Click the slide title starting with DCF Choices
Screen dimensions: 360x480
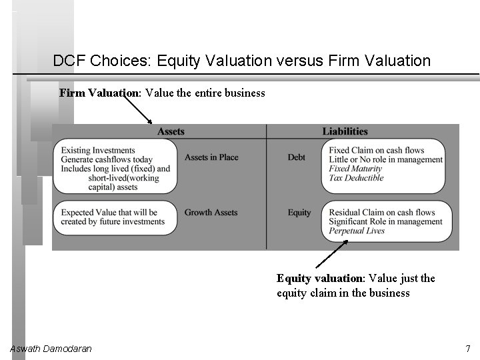241,61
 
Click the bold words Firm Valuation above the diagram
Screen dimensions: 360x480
99,93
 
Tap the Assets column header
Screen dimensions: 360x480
171,131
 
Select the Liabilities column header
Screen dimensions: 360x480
345,131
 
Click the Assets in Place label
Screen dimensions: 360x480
211,157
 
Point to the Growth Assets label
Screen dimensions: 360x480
211,213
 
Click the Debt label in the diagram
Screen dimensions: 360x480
297,157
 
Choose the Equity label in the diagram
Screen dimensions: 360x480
299,213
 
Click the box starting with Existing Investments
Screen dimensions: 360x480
115,169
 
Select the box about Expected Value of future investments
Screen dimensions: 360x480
115,217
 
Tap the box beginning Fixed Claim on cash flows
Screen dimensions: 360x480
386,164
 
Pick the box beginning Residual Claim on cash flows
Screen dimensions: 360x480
386,221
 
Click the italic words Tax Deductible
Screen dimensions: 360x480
357,178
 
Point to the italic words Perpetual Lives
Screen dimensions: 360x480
357,231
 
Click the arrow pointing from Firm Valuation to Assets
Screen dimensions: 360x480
147,111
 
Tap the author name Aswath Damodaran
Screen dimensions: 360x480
51,349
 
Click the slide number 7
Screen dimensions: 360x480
468,349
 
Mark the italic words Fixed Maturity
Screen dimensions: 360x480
356,169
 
